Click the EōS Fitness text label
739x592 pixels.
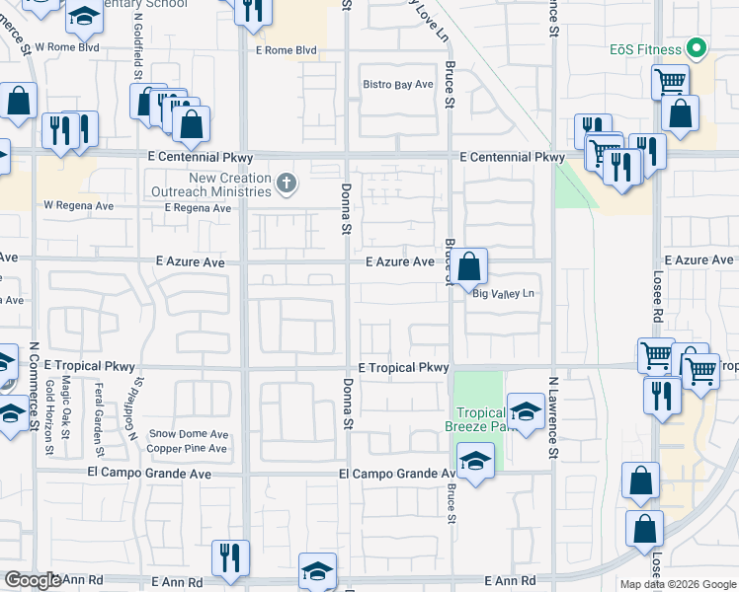646,49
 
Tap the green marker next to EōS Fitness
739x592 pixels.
697,47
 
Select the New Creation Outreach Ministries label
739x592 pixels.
216,185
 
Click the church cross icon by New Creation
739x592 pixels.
287,182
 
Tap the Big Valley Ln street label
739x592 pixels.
503,294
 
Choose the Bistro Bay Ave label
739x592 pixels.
399,85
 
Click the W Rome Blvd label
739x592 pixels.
67,46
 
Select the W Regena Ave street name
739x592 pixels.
78,206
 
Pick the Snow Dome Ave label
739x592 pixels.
189,434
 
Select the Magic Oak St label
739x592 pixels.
66,405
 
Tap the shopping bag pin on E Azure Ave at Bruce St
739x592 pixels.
472,264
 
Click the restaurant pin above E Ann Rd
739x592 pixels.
230,556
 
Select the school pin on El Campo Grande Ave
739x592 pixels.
475,460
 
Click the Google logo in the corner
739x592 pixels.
33,580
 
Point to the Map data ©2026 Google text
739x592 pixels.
677,584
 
